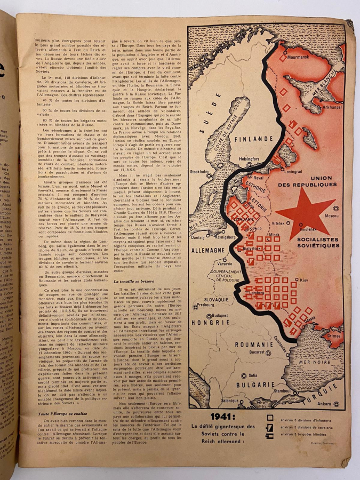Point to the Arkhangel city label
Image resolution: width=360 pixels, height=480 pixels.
(326, 106)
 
